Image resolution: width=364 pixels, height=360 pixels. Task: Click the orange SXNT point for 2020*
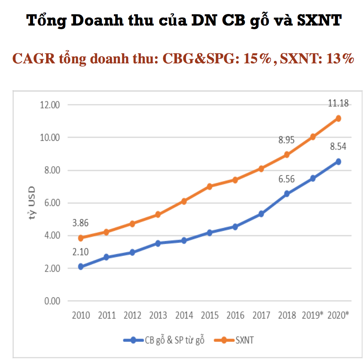coord(338,118)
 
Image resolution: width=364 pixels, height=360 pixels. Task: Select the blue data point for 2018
coord(287,194)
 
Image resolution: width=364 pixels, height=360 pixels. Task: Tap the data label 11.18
coord(338,103)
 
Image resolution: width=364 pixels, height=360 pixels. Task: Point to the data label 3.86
coord(81,223)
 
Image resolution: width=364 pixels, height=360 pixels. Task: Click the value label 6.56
coord(287,179)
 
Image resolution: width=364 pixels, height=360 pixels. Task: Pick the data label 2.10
coord(81,252)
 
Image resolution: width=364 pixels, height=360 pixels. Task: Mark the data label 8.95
coord(287,140)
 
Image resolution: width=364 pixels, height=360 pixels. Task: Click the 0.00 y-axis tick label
coord(52,301)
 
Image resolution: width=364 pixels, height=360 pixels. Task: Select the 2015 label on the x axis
coord(210,315)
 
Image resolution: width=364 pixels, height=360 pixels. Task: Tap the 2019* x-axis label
coord(312,315)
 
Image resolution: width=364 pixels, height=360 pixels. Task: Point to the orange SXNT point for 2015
coord(210,186)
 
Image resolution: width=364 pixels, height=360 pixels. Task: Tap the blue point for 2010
coord(81,266)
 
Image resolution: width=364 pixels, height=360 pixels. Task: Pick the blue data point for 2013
coord(158,243)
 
